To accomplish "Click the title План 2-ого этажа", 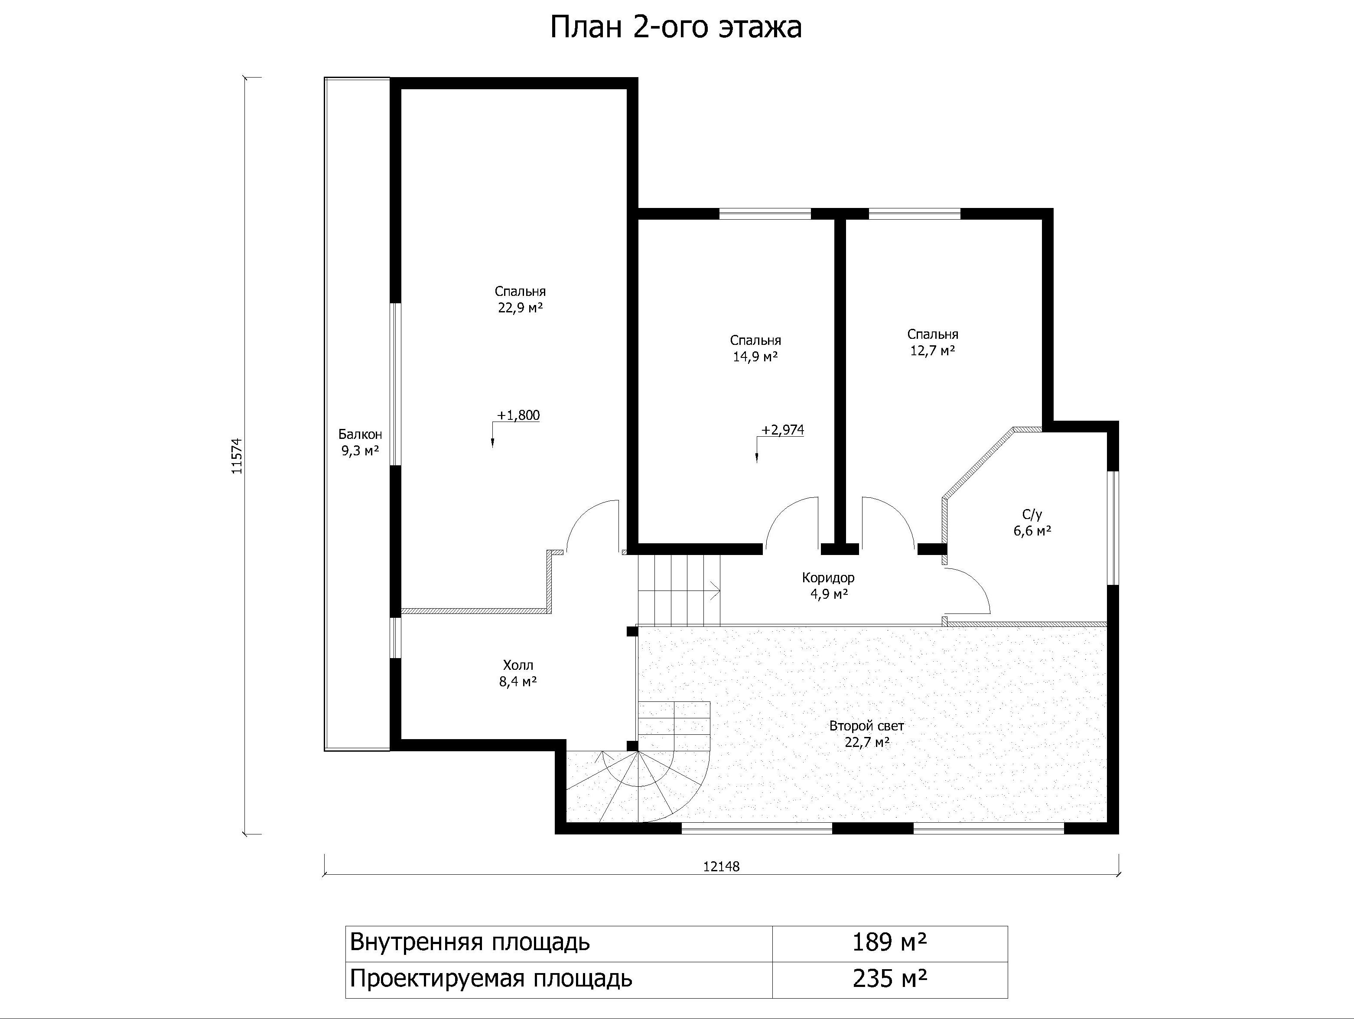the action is [676, 28].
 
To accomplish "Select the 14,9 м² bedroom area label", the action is [755, 356].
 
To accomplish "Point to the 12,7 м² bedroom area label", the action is [933, 350].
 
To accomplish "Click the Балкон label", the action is [360, 435].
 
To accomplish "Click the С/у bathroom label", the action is [1032, 515].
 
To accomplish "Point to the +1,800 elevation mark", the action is [518, 415].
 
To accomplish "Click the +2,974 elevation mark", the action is [782, 430].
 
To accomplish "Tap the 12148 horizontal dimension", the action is [721, 866].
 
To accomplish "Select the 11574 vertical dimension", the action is [238, 456].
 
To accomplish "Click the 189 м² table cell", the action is [889, 942].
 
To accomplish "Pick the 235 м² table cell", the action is [889, 979].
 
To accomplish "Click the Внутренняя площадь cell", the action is [559, 942].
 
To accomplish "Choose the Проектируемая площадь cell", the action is [559, 979].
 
